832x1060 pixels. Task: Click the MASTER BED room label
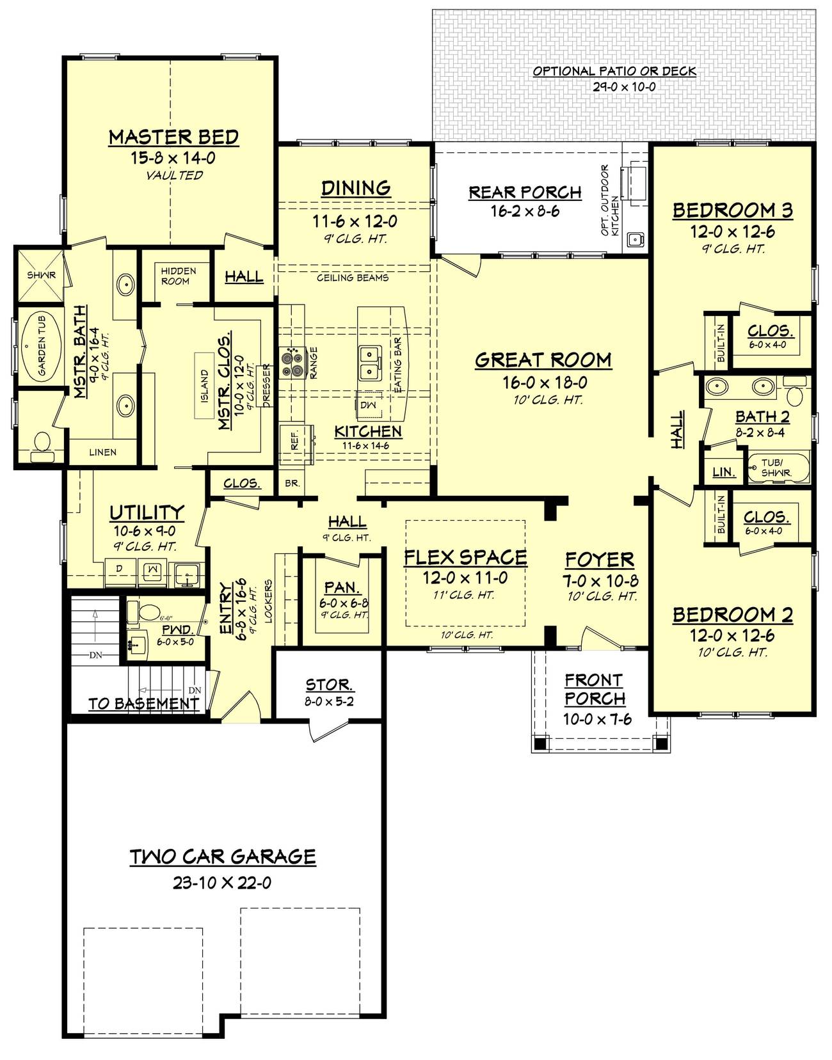click(173, 137)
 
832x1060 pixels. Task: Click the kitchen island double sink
click(369, 361)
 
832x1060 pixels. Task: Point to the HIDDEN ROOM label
click(178, 276)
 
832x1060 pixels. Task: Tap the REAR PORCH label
click(525, 192)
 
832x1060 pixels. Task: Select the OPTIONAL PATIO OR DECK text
click(614, 72)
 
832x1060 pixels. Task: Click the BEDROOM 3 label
click(732, 210)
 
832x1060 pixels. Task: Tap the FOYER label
click(599, 560)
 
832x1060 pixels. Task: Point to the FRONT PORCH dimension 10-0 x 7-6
click(597, 719)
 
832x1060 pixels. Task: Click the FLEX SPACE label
click(465, 557)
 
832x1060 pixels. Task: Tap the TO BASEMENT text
click(143, 704)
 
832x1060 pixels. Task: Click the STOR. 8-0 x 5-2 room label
click(329, 684)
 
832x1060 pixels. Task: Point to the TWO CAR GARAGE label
click(223, 857)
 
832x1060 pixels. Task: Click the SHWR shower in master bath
click(41, 275)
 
